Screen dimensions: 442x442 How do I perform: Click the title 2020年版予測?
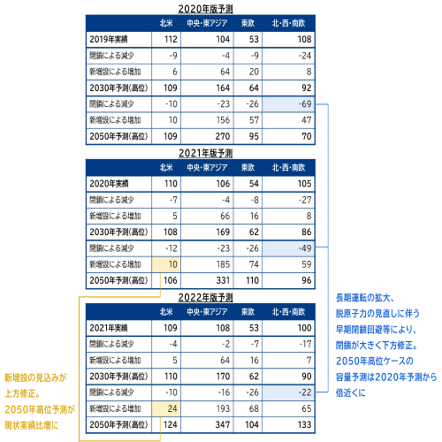tap(205, 9)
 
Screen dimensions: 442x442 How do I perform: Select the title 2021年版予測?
tap(205, 153)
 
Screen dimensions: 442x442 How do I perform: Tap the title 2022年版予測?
tap(205, 297)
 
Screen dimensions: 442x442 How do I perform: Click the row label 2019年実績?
tap(109, 39)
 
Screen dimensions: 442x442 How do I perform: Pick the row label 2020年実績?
tap(109, 184)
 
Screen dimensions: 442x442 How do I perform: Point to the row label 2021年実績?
tap(109, 328)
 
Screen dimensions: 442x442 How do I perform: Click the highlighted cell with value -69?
tap(288, 104)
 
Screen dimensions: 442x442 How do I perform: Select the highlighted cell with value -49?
tap(288, 248)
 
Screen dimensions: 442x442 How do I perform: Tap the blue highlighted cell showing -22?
tap(288, 392)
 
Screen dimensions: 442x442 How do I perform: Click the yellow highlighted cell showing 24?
tap(166, 408)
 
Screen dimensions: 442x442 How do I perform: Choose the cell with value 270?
tap(207, 136)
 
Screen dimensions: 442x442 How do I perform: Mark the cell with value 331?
tap(207, 280)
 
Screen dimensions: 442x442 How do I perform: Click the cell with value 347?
tap(207, 424)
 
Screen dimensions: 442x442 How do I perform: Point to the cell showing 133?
tap(288, 424)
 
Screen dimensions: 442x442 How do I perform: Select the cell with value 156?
tap(207, 120)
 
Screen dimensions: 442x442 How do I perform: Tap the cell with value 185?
tap(207, 264)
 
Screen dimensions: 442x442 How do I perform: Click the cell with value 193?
tap(207, 408)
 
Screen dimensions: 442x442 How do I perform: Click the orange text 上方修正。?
tap(22, 393)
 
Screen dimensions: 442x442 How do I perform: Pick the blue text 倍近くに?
tap(350, 392)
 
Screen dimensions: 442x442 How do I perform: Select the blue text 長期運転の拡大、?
tap(365, 298)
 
